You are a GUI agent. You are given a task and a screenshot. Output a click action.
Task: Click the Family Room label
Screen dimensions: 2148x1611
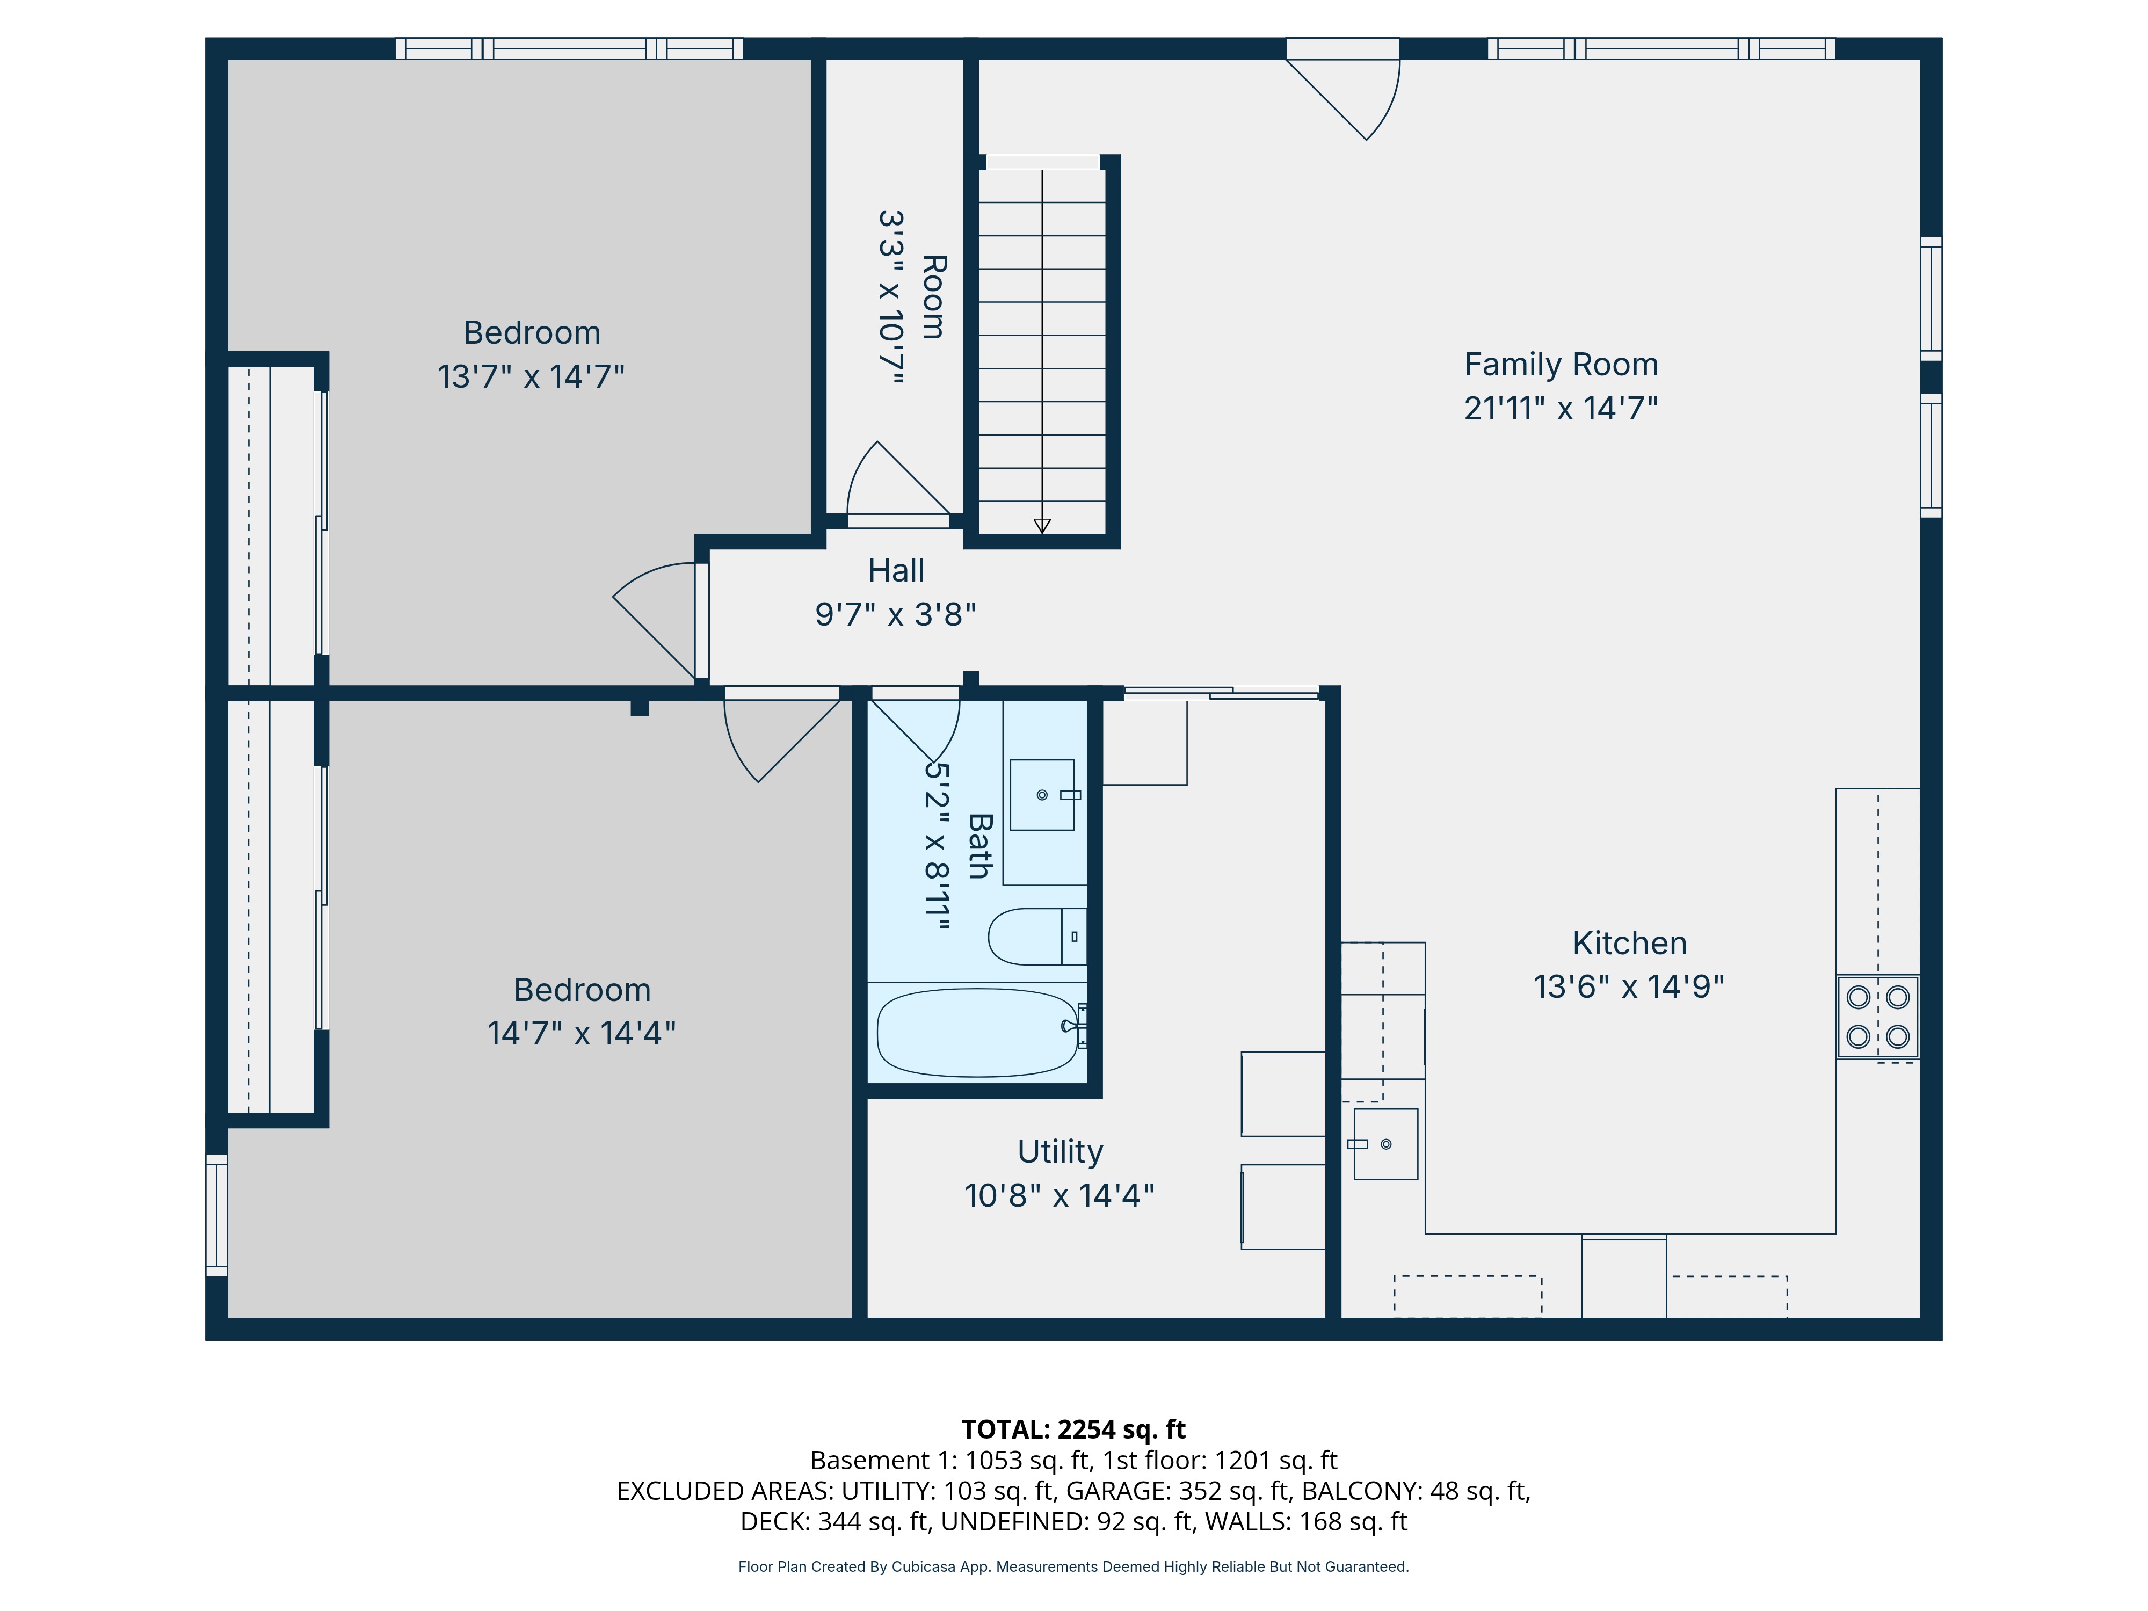pyautogui.click(x=1561, y=365)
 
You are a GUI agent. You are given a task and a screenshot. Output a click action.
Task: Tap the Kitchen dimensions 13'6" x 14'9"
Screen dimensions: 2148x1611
pyautogui.click(x=1629, y=986)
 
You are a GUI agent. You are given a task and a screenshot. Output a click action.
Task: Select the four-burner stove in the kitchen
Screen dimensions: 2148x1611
pyautogui.click(x=1877, y=1017)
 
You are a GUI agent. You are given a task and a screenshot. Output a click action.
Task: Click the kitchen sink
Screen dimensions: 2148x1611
pyautogui.click(x=1385, y=1144)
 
